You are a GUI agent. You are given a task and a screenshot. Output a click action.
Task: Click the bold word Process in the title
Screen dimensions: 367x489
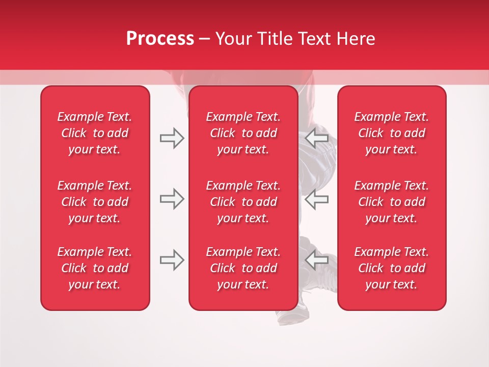click(160, 39)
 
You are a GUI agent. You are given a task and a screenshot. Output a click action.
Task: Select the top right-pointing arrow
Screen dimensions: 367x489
click(172, 138)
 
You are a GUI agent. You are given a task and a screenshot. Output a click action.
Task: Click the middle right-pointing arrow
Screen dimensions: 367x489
click(172, 199)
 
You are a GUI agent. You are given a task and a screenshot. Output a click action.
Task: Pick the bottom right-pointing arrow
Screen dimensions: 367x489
click(172, 260)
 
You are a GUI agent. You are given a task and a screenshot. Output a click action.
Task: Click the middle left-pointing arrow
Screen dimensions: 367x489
click(317, 199)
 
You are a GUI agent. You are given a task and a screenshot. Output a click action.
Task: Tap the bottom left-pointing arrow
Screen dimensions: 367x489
click(317, 260)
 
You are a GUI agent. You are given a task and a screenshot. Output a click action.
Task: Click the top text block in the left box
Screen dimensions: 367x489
click(95, 133)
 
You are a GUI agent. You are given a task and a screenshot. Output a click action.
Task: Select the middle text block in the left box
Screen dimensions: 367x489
click(95, 202)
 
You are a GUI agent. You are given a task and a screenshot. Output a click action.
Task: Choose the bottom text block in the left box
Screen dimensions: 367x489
click(95, 268)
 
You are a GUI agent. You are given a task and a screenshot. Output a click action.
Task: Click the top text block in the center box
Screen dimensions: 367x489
click(243, 133)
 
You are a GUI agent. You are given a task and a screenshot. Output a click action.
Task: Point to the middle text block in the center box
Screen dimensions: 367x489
click(243, 202)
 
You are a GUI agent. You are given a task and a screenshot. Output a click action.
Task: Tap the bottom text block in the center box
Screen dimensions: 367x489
click(243, 268)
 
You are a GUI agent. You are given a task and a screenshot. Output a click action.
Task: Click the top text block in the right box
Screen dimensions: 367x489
click(391, 133)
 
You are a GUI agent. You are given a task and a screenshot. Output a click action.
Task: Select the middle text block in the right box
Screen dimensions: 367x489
click(391, 202)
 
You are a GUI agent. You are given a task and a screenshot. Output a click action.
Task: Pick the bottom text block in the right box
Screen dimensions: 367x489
click(391, 268)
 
